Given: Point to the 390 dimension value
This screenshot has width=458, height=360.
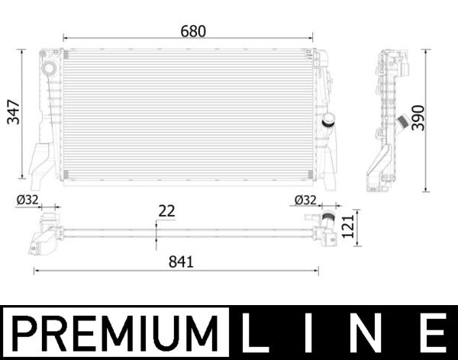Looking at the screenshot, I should click(x=418, y=116).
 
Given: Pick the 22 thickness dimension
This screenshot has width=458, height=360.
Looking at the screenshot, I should click(x=166, y=211).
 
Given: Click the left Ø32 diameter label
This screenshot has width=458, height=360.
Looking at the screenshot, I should click(x=27, y=201).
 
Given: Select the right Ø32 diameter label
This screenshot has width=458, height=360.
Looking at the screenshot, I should click(x=305, y=201).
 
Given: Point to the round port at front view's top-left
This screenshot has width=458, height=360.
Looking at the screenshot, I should click(x=50, y=69).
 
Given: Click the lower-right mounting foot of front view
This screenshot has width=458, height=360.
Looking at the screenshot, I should click(x=329, y=172).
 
